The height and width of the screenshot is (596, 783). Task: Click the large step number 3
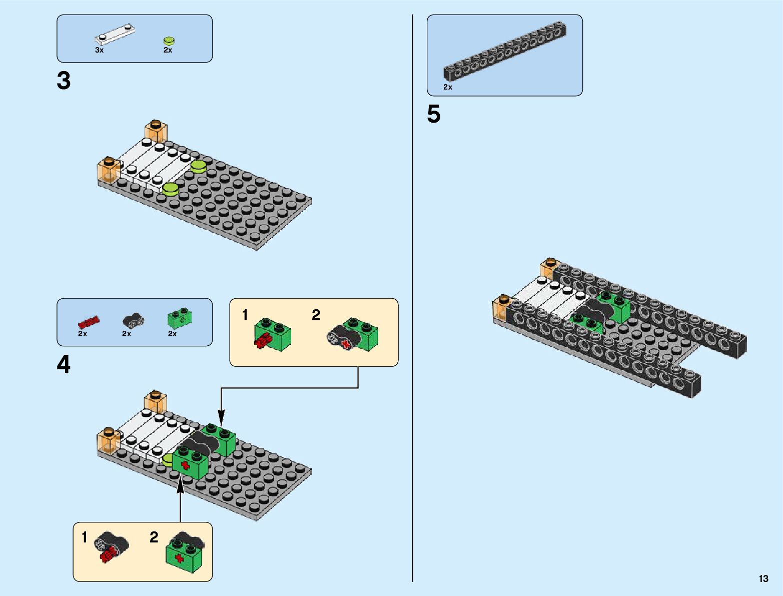click(x=64, y=81)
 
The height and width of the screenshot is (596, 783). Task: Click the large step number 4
click(x=64, y=365)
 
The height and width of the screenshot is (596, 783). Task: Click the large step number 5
click(x=434, y=115)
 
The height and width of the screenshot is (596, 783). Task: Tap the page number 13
click(x=763, y=578)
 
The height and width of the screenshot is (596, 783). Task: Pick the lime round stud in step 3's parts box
click(x=169, y=41)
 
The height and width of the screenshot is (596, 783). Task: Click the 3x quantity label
click(x=99, y=50)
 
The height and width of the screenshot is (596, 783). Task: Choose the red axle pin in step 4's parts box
click(x=89, y=322)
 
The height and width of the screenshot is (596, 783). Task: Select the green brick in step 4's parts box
click(x=180, y=318)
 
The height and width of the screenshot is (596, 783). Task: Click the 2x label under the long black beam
click(x=447, y=87)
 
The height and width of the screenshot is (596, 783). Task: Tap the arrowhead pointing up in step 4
click(x=180, y=485)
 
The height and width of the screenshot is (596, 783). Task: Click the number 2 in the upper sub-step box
click(x=316, y=315)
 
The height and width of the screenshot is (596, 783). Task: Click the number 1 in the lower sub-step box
click(x=85, y=537)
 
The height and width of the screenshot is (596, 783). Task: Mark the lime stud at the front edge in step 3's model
click(x=170, y=189)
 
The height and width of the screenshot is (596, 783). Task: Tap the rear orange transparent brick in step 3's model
click(x=156, y=130)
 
